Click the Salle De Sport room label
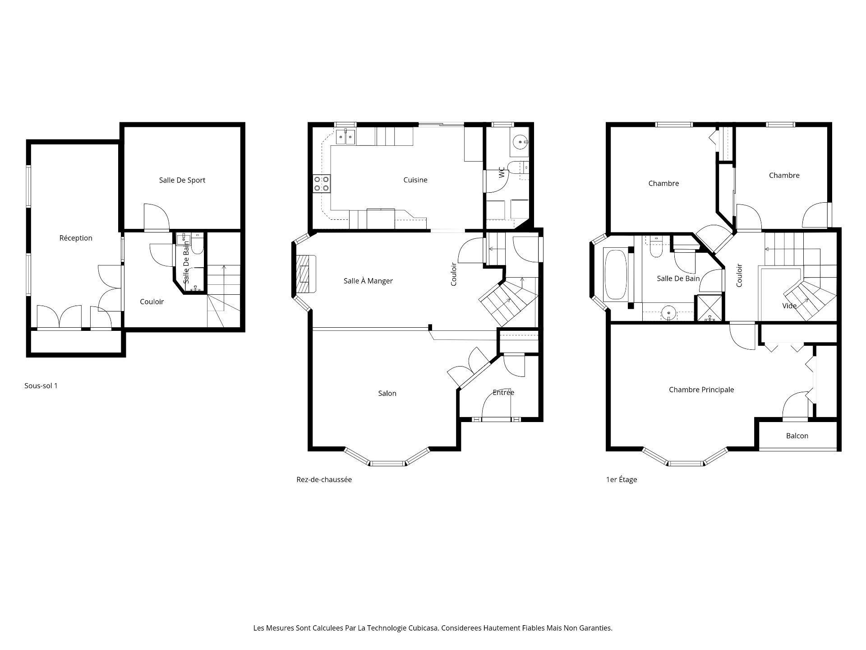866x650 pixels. click(x=182, y=180)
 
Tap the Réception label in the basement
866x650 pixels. click(x=76, y=238)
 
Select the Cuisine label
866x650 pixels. click(x=415, y=180)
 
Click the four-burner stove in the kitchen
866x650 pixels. click(x=322, y=184)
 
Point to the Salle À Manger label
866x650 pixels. click(x=368, y=281)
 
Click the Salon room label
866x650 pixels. click(x=387, y=393)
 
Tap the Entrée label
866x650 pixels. click(x=503, y=392)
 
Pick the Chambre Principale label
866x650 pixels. click(x=701, y=390)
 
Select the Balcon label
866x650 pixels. click(x=797, y=436)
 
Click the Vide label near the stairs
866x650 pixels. click(x=789, y=306)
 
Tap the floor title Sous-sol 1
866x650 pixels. click(x=41, y=385)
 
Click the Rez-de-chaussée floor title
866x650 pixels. click(x=324, y=479)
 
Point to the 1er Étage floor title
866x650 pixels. click(x=622, y=479)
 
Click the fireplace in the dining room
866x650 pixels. click(x=306, y=274)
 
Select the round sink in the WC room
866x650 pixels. click(x=521, y=142)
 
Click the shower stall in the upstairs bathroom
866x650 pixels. click(x=710, y=308)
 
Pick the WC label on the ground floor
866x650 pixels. click(x=502, y=172)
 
